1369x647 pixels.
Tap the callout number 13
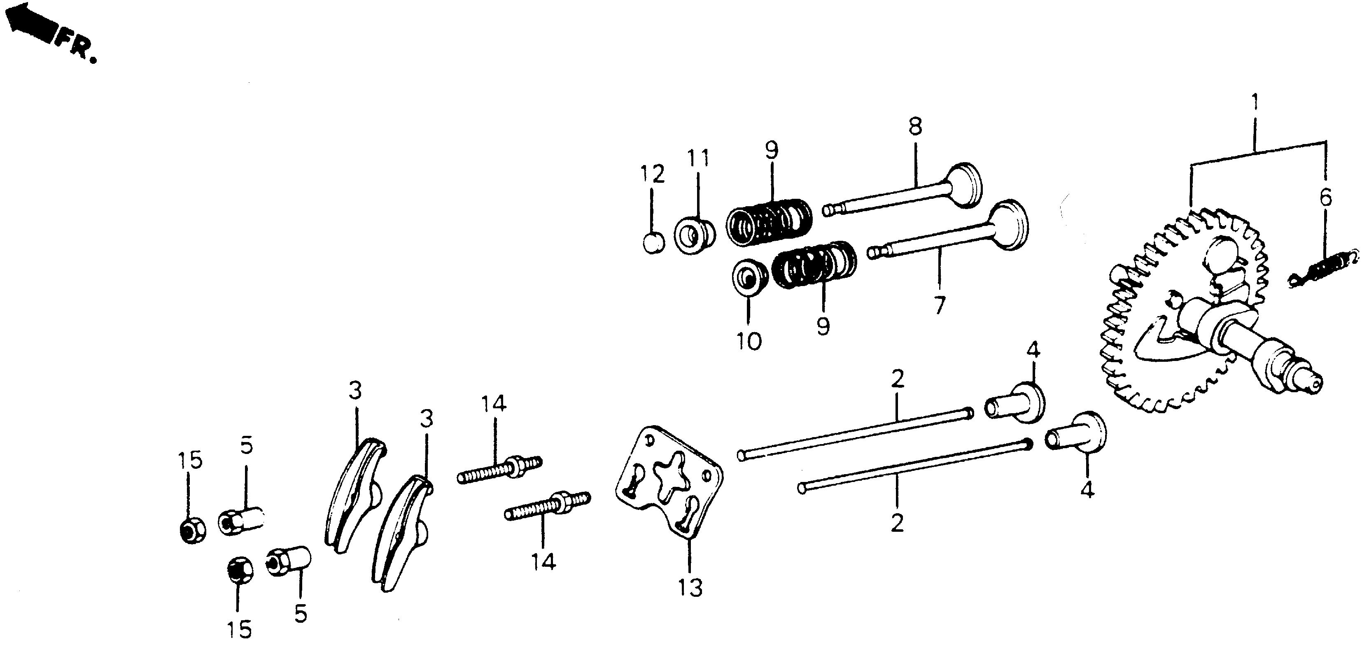coord(690,587)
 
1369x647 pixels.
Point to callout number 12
coord(653,174)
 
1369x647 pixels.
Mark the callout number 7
coord(940,305)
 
